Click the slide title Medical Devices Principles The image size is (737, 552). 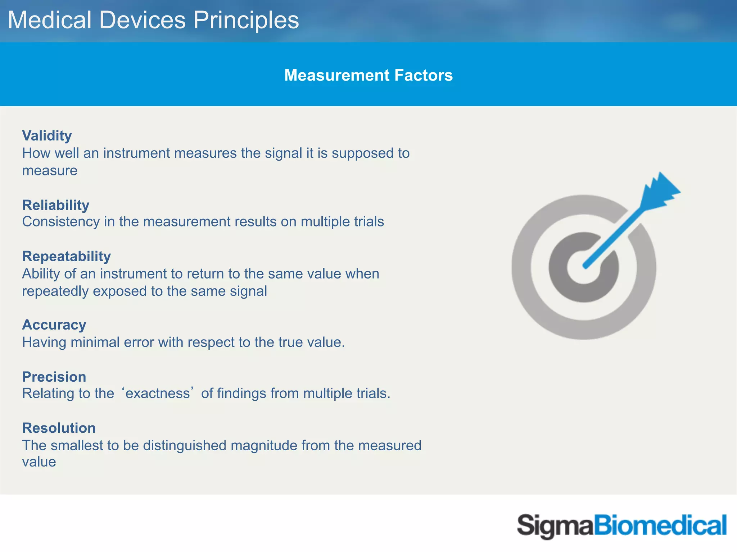pyautogui.click(x=153, y=20)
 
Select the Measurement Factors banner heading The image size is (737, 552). pyautogui.click(x=368, y=75)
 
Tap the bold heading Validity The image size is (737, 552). pyautogui.click(x=47, y=136)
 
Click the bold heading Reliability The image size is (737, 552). pyautogui.click(x=56, y=205)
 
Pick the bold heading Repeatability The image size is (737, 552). pyautogui.click(x=67, y=257)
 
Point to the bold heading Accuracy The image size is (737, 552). pyautogui.click(x=54, y=325)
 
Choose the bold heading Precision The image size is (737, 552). pyautogui.click(x=54, y=377)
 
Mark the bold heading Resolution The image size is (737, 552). pyautogui.click(x=59, y=428)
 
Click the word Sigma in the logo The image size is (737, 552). pyautogui.click(x=555, y=526)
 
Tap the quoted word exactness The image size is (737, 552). pyautogui.click(x=158, y=394)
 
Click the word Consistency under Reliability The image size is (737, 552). pyautogui.click(x=61, y=222)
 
